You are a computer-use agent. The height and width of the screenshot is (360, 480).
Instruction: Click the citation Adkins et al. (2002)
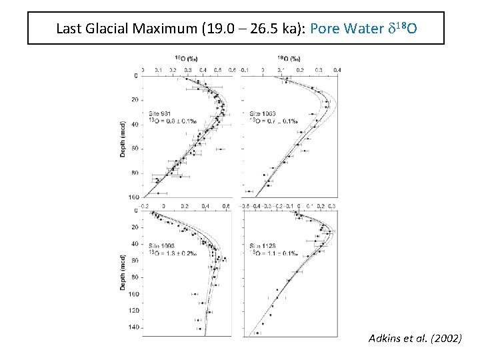(414, 339)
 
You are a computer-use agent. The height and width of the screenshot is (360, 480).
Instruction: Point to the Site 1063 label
(263, 114)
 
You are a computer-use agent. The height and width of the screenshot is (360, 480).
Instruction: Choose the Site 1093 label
(161, 246)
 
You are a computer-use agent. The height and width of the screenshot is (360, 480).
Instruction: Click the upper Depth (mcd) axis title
(124, 139)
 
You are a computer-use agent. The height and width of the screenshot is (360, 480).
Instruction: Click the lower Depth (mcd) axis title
(124, 271)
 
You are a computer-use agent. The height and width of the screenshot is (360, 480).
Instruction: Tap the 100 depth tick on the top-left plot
(135, 197)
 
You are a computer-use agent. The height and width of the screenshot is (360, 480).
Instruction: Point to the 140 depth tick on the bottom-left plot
(135, 327)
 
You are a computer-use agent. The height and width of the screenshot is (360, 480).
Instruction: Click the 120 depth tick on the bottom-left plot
(135, 311)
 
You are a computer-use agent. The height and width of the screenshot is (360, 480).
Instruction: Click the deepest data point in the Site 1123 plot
(257, 332)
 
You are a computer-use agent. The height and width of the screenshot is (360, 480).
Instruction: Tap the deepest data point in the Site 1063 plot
(267, 185)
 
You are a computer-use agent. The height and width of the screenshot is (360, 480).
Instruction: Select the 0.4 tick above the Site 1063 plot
(337, 69)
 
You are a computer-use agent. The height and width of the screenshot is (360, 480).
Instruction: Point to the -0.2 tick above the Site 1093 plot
(144, 208)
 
